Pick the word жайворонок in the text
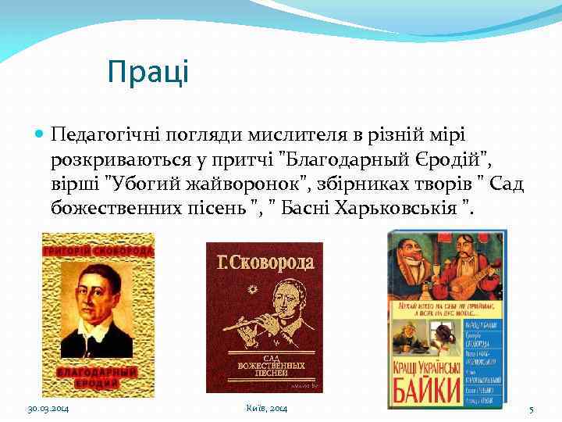[254, 184]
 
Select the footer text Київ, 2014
[266, 409]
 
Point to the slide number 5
[531, 409]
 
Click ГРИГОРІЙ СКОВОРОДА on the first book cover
[98, 252]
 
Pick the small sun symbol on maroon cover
[251, 290]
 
